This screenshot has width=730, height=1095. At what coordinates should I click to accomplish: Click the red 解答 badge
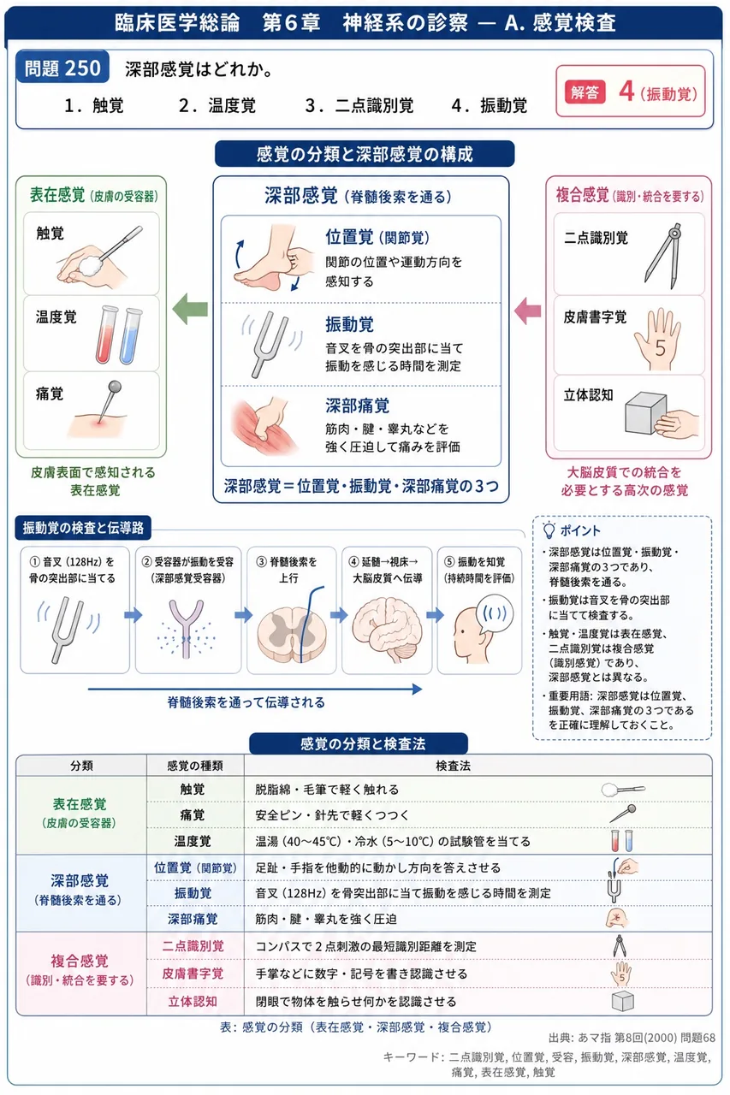tap(585, 92)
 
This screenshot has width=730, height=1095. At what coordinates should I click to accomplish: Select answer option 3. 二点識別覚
tap(359, 105)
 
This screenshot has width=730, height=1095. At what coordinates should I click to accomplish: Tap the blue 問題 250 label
tap(62, 68)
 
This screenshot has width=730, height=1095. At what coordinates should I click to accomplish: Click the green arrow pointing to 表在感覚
tap(190, 309)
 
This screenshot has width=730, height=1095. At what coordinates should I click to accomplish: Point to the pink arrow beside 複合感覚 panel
tap(528, 311)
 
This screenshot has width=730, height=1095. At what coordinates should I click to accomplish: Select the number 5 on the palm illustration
tap(660, 348)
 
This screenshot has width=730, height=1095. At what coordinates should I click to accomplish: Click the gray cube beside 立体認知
tap(645, 413)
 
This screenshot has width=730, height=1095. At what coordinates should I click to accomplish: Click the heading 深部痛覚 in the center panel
tap(358, 405)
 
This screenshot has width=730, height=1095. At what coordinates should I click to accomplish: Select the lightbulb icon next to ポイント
tap(549, 530)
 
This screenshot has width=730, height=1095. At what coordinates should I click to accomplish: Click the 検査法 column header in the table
tap(453, 766)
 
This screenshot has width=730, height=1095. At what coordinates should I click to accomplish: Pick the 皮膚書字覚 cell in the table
tap(193, 974)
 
